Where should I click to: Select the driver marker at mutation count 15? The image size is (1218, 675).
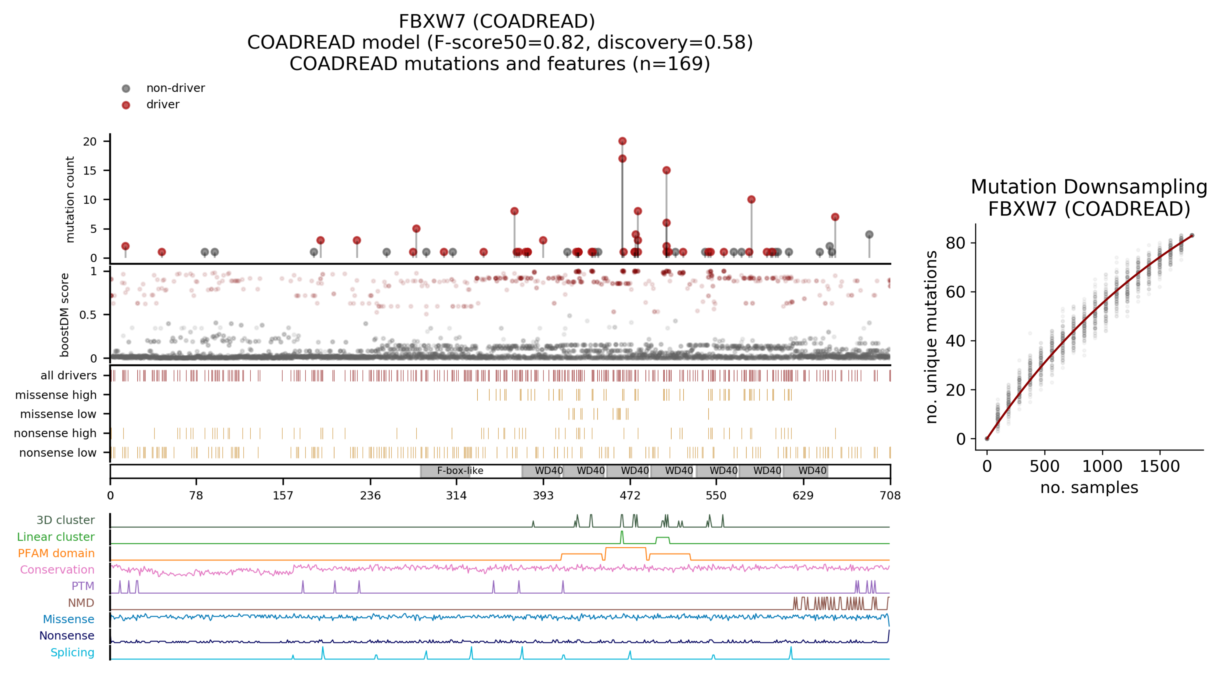666,170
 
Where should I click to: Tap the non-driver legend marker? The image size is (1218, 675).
126,88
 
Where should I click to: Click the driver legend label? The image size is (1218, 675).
163,104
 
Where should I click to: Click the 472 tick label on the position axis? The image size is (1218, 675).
630,495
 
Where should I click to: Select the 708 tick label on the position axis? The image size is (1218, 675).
889,495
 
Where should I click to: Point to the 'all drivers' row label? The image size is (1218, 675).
69,375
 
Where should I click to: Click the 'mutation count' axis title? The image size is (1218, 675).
70,200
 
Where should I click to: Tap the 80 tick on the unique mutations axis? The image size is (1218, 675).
955,243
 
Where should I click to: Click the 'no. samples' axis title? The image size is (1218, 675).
1089,487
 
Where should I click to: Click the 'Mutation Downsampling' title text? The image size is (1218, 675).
1089,187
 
